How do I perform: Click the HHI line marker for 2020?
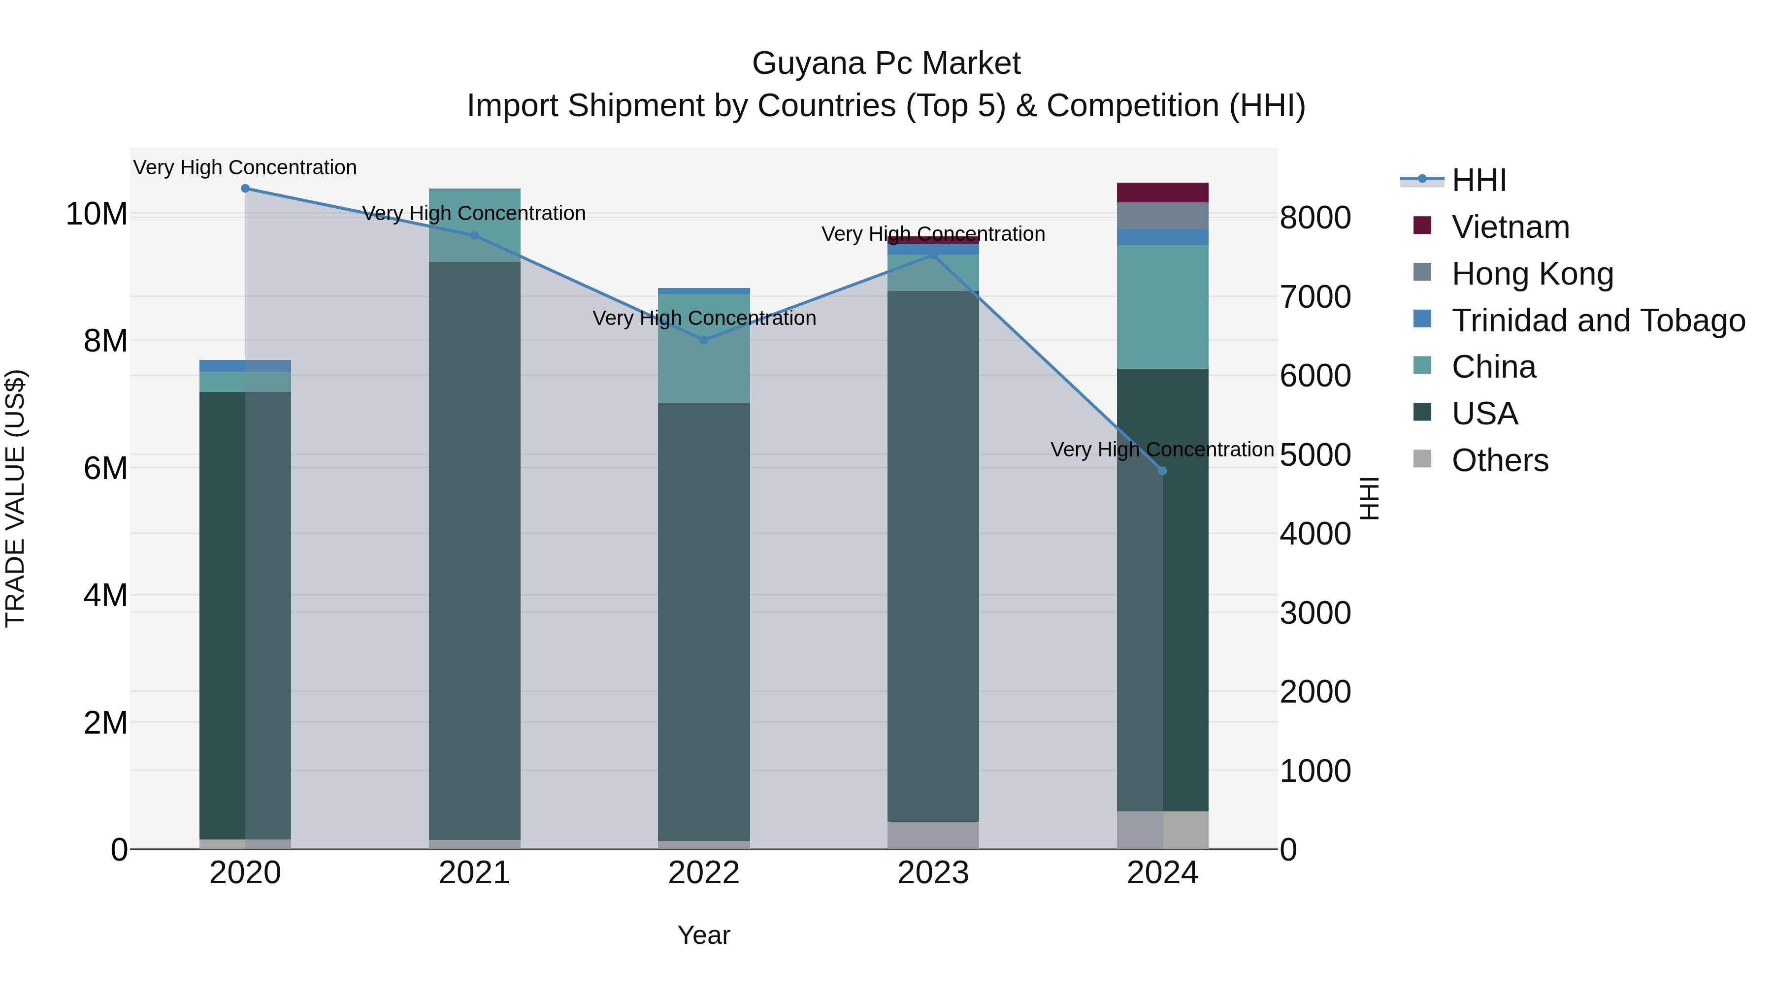click(245, 189)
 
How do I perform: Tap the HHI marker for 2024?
click(1162, 471)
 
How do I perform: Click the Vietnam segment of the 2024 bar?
click(1162, 193)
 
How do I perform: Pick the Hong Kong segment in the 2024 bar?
click(1162, 215)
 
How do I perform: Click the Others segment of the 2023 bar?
click(933, 836)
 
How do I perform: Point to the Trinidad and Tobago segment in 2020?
click(245, 365)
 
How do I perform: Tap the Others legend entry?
click(1499, 460)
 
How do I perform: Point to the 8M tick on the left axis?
click(105, 341)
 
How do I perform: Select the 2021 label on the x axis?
click(474, 873)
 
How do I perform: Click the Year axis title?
click(703, 935)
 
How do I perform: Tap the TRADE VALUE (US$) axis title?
click(15, 498)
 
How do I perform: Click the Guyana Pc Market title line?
click(886, 64)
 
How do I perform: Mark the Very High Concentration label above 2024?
click(1162, 450)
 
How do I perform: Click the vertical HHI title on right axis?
click(1370, 498)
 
